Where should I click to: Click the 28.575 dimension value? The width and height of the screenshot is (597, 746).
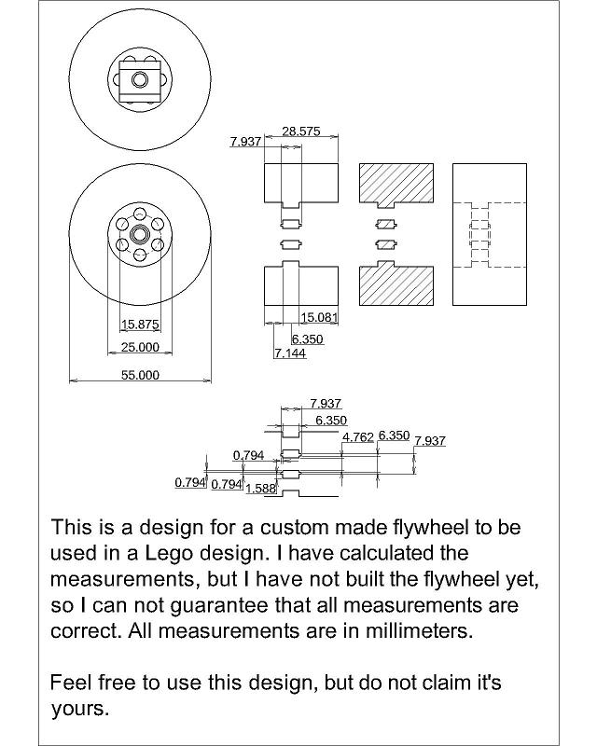pyautogui.click(x=301, y=131)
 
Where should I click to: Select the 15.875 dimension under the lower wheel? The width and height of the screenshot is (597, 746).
pyautogui.click(x=140, y=325)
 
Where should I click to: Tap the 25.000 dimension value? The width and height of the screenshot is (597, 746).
pyautogui.click(x=140, y=347)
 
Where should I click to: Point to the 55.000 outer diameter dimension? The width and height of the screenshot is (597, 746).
pyautogui.click(x=140, y=375)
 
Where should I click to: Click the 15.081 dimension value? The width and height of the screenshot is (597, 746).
pyautogui.click(x=319, y=317)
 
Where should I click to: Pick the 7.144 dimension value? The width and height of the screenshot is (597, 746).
pyautogui.click(x=290, y=353)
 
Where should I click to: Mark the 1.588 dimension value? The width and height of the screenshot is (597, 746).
pyautogui.click(x=261, y=488)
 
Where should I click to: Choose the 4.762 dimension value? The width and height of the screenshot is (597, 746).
pyautogui.click(x=358, y=437)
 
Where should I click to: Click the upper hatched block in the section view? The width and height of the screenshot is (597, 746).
pyautogui.click(x=396, y=185)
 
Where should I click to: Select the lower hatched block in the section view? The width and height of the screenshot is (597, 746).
pyautogui.click(x=396, y=283)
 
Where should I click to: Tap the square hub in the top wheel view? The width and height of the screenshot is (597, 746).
pyautogui.click(x=140, y=79)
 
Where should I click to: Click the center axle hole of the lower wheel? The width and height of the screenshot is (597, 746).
pyautogui.click(x=140, y=234)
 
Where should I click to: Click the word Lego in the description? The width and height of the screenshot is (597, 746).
pyautogui.click(x=169, y=553)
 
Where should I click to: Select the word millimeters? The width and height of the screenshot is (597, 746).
pyautogui.click(x=419, y=631)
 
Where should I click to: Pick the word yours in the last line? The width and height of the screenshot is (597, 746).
pyautogui.click(x=80, y=710)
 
